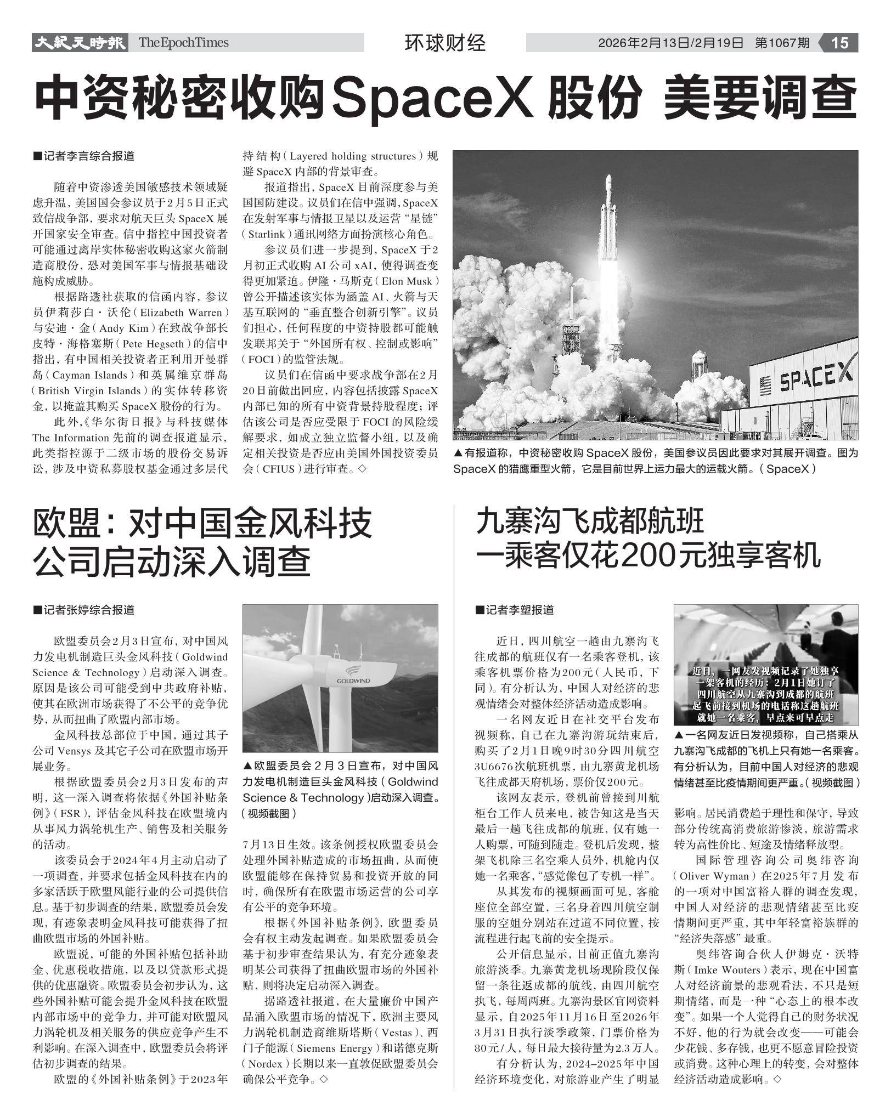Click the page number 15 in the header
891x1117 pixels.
840,43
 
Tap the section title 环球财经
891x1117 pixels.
445,43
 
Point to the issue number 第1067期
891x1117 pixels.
782,43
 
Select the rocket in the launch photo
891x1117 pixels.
608,219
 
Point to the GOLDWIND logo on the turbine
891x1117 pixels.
353,681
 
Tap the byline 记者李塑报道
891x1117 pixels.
515,610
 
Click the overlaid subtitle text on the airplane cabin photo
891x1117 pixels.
765,694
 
